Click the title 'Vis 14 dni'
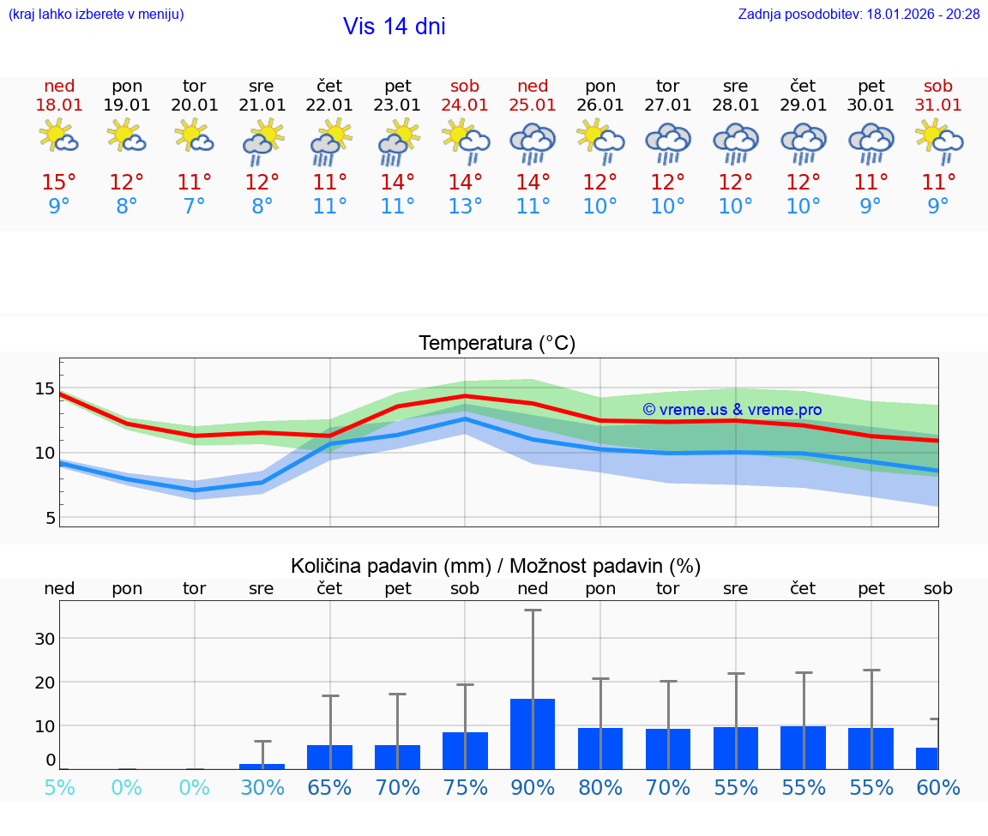(394, 27)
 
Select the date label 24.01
(465, 105)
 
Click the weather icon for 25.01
(533, 142)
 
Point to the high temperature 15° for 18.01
(59, 183)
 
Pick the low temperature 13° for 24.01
(465, 207)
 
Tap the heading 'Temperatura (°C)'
(497, 344)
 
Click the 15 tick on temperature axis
(45, 388)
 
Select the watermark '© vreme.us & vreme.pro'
(732, 410)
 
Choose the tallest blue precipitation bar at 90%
(533, 734)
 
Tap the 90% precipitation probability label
(533, 787)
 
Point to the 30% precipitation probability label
(262, 787)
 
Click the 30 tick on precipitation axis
(45, 638)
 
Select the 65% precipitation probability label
(329, 787)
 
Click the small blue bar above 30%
(262, 766)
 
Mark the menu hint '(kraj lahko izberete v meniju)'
(96, 14)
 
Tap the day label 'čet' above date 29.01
(803, 86)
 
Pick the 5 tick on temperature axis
(50, 518)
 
